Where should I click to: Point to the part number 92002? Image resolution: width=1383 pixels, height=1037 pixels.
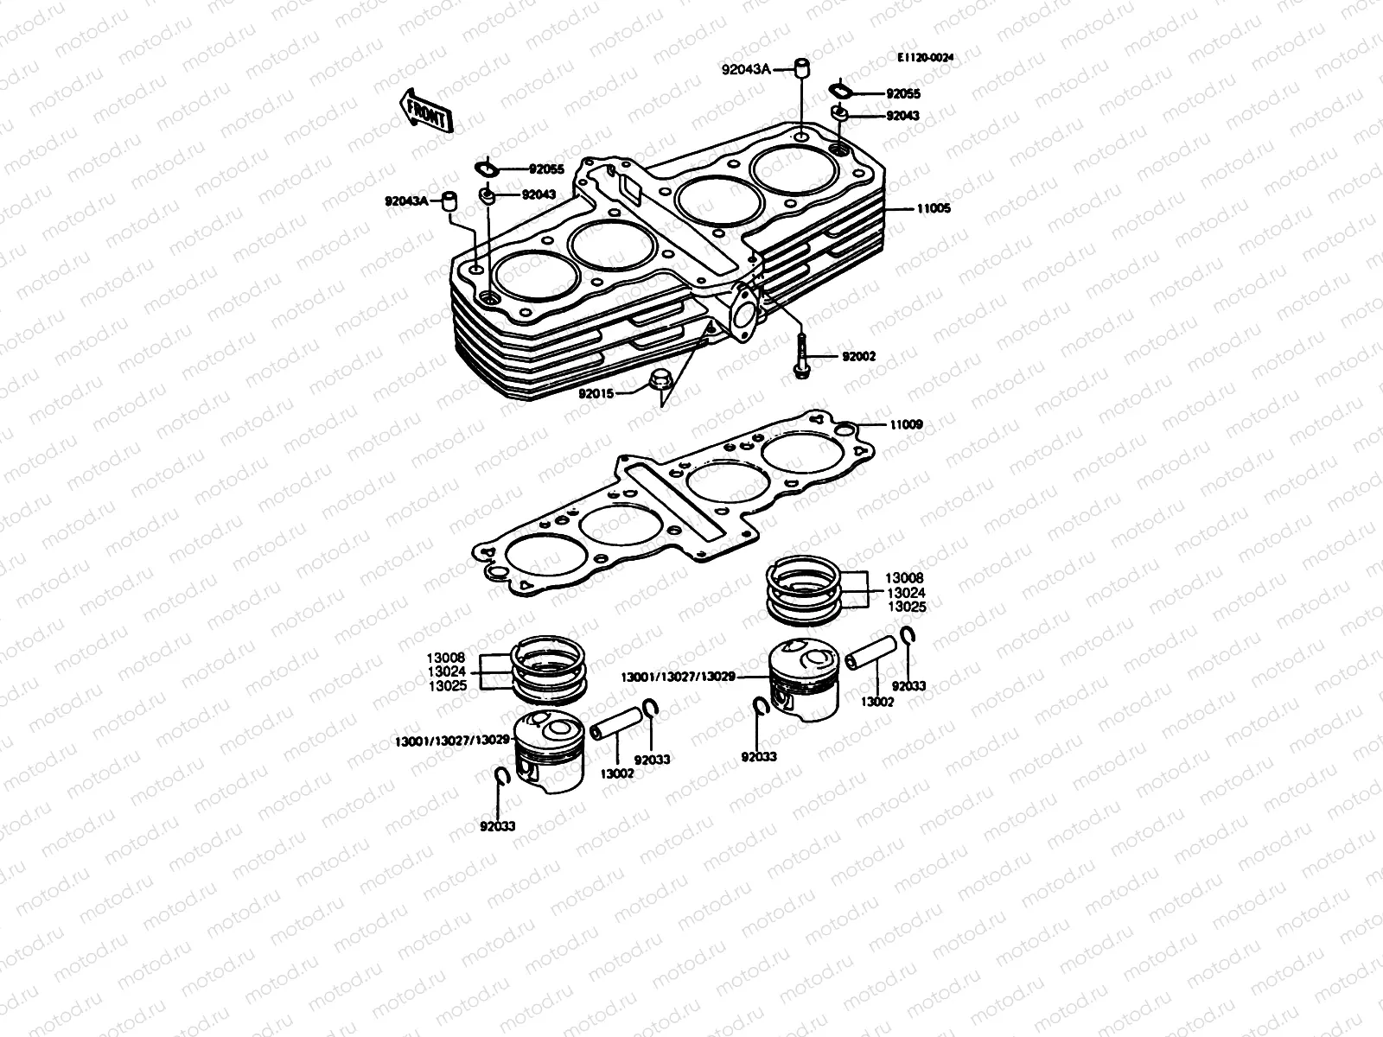(859, 356)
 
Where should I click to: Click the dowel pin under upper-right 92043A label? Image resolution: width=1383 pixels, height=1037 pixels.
(802, 68)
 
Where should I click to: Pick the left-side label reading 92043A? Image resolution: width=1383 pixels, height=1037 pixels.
(407, 201)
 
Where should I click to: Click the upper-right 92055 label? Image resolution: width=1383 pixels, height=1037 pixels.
(902, 92)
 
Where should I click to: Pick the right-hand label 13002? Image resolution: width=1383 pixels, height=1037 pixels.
(876, 702)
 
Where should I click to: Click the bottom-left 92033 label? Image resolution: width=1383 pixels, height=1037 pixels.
(497, 826)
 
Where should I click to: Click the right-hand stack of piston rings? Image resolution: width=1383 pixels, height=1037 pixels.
(805, 589)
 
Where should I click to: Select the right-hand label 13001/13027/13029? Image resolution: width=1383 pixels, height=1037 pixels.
(678, 677)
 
